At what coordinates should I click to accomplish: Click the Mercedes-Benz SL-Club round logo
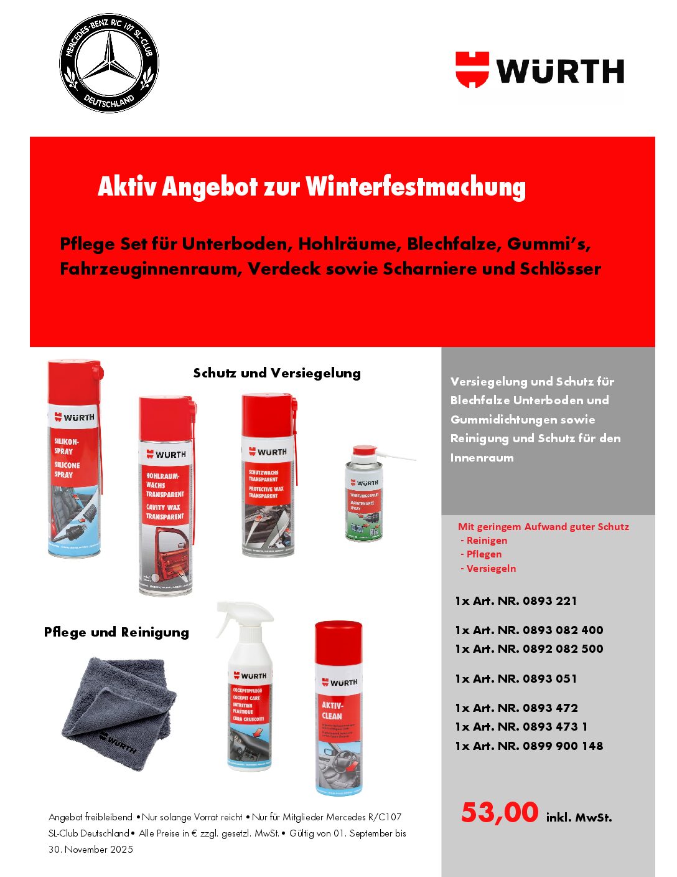(x=109, y=63)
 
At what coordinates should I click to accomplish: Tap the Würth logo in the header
(x=539, y=70)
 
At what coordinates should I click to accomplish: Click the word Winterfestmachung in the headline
(x=416, y=187)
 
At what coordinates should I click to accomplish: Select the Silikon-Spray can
(x=74, y=459)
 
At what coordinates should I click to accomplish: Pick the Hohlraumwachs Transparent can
(x=166, y=495)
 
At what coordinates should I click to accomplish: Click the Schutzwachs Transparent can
(x=268, y=475)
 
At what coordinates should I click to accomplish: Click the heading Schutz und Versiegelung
(x=277, y=373)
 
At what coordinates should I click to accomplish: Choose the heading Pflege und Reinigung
(x=116, y=632)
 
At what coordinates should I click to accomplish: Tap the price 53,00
(x=500, y=813)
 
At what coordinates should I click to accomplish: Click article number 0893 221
(x=549, y=601)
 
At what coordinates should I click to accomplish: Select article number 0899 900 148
(x=563, y=746)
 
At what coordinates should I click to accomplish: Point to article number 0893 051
(x=549, y=679)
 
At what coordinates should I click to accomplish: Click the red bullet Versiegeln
(x=491, y=569)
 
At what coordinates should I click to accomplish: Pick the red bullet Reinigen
(x=487, y=541)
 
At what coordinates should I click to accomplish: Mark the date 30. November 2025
(x=91, y=850)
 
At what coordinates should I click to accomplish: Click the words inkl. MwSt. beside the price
(x=579, y=818)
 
